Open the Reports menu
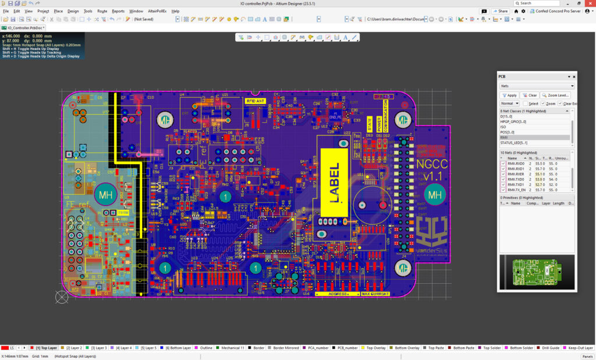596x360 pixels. tap(118, 11)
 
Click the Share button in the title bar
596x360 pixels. tap(500, 11)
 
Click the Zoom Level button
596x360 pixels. tap(556, 95)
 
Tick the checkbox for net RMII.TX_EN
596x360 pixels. tap(503, 190)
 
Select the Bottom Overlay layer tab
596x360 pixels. tap(407, 348)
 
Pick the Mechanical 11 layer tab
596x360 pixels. tap(233, 348)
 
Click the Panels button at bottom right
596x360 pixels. tap(587, 356)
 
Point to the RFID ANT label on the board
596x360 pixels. tap(256, 101)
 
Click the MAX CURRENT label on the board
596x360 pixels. tap(375, 294)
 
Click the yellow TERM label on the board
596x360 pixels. tap(123, 213)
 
